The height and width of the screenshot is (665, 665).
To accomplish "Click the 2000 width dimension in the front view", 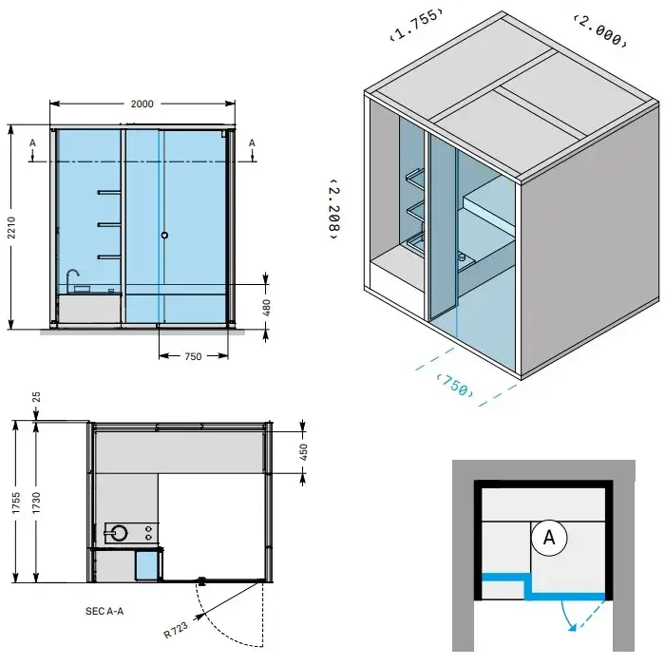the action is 142,104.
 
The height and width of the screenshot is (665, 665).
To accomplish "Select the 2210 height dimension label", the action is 11,227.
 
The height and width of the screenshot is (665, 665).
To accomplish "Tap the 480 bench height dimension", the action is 266,308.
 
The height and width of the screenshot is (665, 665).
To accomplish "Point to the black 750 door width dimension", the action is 193,356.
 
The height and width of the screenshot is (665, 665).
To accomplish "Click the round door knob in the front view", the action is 164,235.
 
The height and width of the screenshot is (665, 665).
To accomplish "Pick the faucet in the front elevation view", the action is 72,277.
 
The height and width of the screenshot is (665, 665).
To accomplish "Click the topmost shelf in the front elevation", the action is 109,193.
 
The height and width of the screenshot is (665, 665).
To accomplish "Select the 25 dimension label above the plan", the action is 36,397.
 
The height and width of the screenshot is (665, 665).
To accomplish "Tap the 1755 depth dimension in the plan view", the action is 16,503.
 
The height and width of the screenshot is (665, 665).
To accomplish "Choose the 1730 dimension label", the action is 36,503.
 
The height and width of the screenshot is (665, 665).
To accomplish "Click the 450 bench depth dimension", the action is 303,452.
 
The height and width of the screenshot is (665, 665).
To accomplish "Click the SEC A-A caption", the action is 104,611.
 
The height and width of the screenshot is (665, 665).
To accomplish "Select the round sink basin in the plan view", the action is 119,533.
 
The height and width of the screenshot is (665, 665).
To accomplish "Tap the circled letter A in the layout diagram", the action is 549,538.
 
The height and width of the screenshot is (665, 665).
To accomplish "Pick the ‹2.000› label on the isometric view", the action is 599,31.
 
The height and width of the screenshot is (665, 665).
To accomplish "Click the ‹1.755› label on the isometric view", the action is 416,24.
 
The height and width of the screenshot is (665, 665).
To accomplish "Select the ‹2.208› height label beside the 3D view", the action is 334,209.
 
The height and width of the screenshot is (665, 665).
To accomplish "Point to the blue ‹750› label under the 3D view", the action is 455,385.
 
